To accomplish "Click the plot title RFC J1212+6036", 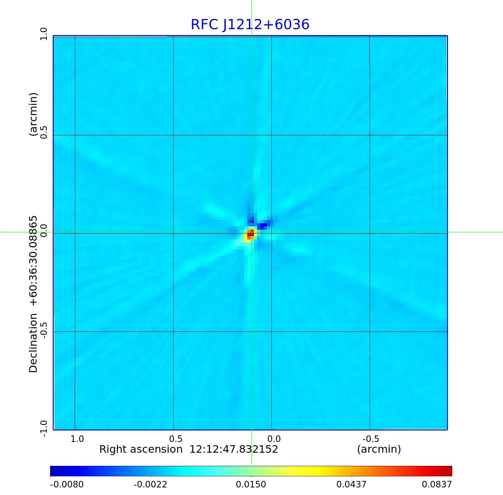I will tap(250, 25).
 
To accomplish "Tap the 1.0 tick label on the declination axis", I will tap(44, 34).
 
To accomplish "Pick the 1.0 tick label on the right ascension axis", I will tap(77, 439).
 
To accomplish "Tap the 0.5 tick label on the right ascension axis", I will tap(176, 439).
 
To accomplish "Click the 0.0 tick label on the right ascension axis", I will tap(274, 439).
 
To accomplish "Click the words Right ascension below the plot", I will tap(141, 449).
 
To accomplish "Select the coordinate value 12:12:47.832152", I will tap(234, 449).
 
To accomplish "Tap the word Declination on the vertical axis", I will tap(33, 343).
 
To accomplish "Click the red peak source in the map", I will tap(250, 234).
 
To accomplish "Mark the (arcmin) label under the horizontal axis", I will tap(379, 449).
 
